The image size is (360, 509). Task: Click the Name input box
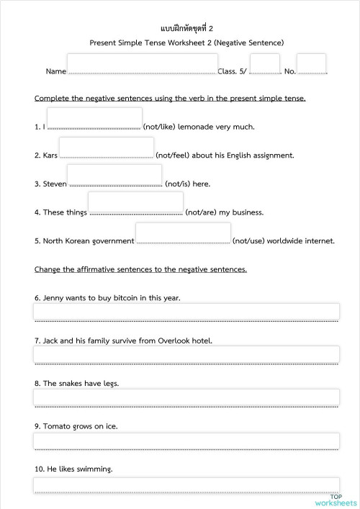(141, 63)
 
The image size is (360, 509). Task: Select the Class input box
(264, 63)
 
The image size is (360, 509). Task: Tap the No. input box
(311, 63)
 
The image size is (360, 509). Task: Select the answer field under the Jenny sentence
(186, 312)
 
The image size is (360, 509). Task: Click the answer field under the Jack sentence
(186, 354)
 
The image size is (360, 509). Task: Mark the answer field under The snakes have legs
(186, 397)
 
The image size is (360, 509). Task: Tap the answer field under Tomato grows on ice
(186, 441)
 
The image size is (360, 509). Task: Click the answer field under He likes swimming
(186, 485)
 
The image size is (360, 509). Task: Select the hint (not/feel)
(173, 156)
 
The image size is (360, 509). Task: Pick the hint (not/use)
(248, 241)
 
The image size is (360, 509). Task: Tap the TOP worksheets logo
(336, 500)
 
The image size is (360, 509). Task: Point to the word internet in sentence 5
(319, 241)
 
